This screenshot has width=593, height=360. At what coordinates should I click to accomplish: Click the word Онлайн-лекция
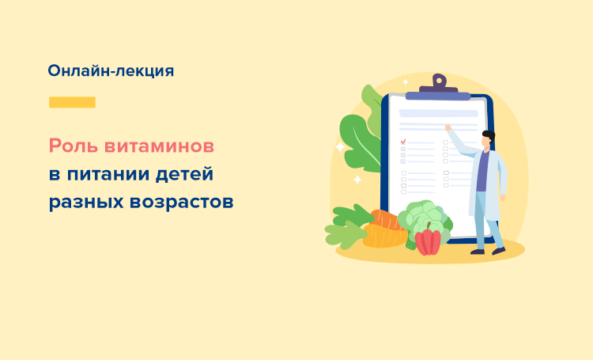[111, 70]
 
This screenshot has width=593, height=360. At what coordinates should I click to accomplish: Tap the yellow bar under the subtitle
[72, 102]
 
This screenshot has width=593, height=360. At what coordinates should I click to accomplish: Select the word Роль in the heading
[74, 146]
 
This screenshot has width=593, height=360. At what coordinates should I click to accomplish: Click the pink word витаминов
[159, 146]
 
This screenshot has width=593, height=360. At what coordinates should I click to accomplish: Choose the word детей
[185, 175]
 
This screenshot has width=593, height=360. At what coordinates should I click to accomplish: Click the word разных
[86, 203]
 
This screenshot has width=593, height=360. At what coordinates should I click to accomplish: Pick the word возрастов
[182, 203]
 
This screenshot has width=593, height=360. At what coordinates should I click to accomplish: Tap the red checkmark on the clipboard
[403, 142]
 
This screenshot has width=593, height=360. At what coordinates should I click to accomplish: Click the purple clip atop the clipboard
[439, 86]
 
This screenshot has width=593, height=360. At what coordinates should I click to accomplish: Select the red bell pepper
[428, 241]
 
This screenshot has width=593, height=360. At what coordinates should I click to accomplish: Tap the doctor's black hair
[489, 136]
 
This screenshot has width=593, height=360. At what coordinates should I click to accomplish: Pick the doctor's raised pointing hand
[448, 127]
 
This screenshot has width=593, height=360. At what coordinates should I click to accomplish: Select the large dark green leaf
[359, 142]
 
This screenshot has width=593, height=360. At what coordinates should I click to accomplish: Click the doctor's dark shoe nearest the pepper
[478, 252]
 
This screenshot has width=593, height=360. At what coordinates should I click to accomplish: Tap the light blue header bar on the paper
[438, 113]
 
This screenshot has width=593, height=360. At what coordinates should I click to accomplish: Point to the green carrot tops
[347, 226]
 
